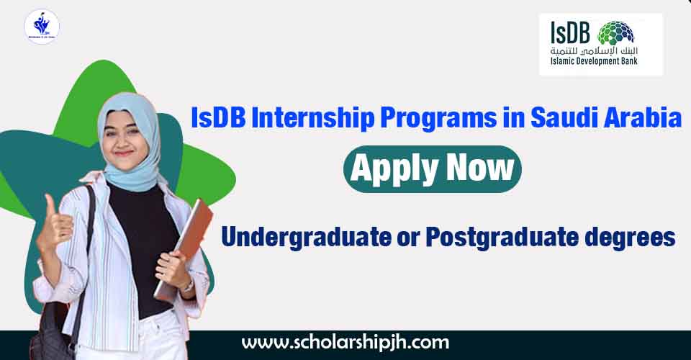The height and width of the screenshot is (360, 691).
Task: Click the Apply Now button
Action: coord(431,168)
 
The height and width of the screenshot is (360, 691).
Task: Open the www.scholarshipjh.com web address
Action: coord(345,342)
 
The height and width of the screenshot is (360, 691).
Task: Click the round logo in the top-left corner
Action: coord(42,27)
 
